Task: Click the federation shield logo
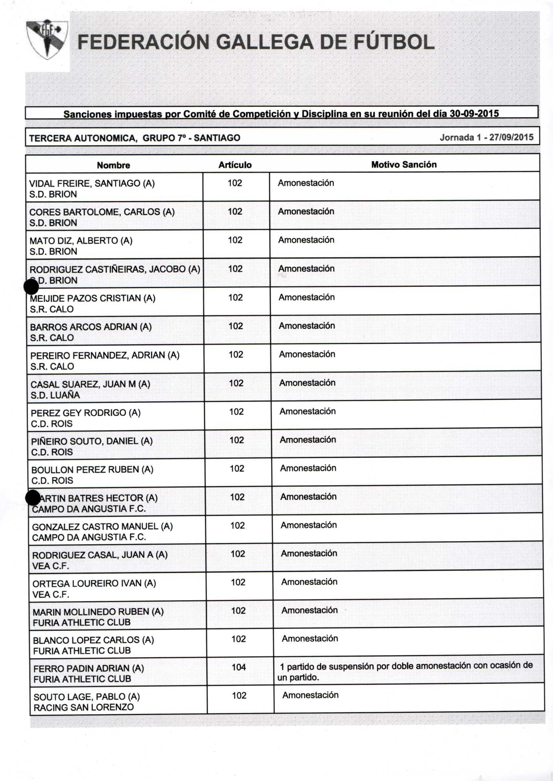[x=47, y=39]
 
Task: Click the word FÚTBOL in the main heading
[x=394, y=42]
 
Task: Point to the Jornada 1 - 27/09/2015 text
[x=486, y=137]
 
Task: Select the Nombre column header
[x=113, y=165]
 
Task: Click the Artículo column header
[x=235, y=165]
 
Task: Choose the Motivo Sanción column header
[x=404, y=165]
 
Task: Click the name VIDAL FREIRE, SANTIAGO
[x=92, y=184]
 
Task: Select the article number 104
[x=239, y=667]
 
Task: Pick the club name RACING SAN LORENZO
[x=83, y=707]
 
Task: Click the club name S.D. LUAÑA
[x=55, y=395]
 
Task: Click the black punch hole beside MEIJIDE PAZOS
[x=31, y=287]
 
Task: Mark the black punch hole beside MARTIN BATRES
[x=33, y=498]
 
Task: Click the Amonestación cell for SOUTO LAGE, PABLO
[x=310, y=695]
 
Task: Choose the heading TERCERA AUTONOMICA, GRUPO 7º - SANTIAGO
[x=135, y=138]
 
